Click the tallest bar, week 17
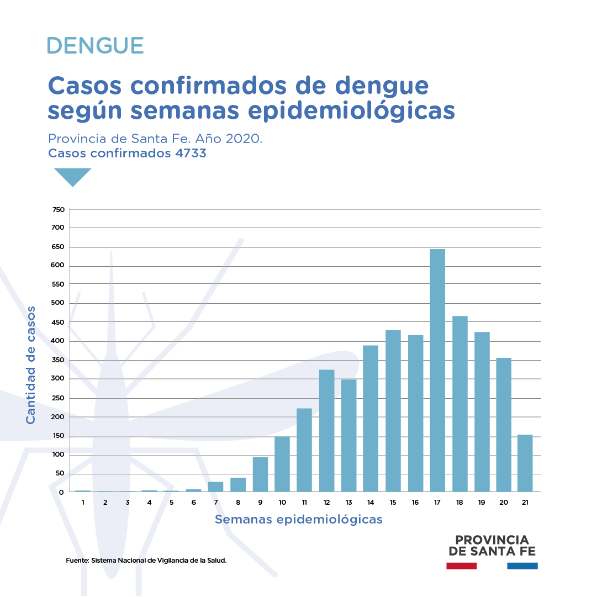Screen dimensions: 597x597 [x=437, y=370]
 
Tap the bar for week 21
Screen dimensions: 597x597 [x=525, y=463]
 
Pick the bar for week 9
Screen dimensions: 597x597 [x=260, y=474]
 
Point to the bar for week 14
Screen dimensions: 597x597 [x=371, y=419]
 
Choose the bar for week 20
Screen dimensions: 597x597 [x=504, y=425]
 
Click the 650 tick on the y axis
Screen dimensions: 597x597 [x=59, y=247]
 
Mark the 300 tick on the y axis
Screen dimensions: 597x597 [x=59, y=379]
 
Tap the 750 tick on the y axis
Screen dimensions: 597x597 [x=59, y=209]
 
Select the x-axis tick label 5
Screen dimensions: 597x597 [x=171, y=502]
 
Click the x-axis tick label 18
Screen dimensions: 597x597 [x=459, y=502]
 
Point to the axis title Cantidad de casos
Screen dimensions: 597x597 [x=31, y=365]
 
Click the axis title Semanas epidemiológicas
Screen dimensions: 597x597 [x=298, y=520]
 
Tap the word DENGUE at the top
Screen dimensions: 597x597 [x=96, y=45]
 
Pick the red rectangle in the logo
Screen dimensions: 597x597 [x=461, y=566]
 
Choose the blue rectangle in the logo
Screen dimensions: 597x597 [x=522, y=566]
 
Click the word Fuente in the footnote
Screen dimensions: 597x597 [x=77, y=561]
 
